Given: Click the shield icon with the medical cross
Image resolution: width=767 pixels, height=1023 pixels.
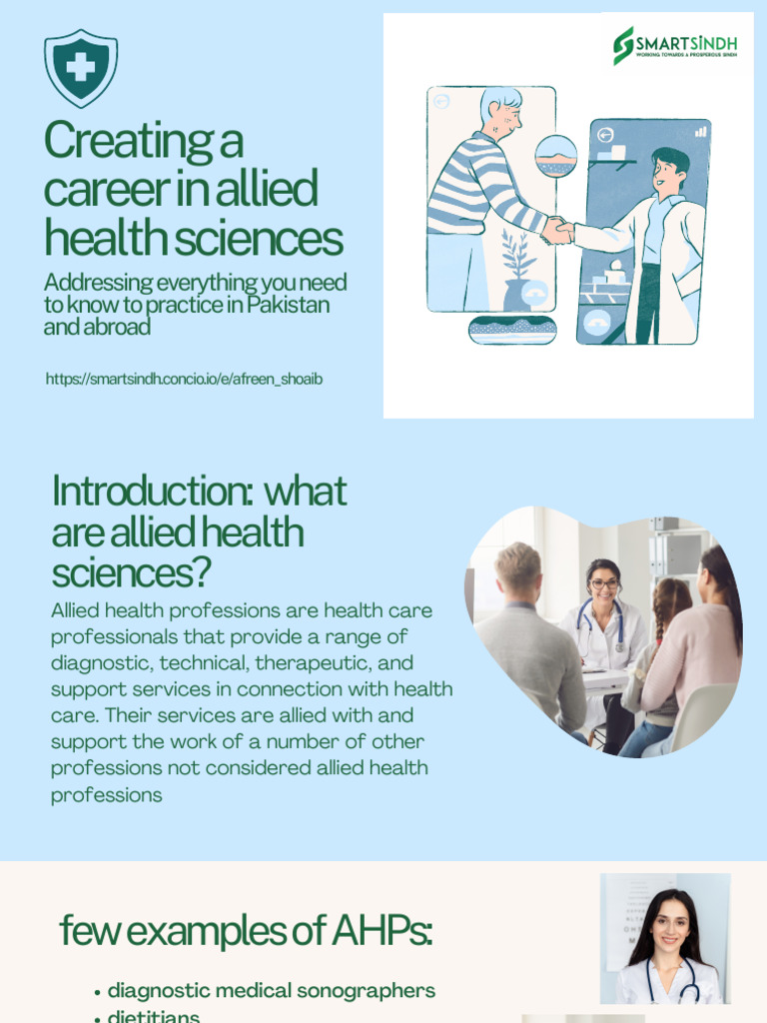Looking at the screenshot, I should [81, 67].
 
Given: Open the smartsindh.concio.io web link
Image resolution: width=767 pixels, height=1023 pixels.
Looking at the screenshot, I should [184, 380].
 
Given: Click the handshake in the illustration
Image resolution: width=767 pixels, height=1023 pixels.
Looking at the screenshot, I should [557, 231].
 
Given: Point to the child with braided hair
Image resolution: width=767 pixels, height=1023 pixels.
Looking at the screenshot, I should [666, 639].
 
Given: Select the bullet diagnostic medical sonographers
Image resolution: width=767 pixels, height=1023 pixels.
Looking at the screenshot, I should [271, 991].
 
